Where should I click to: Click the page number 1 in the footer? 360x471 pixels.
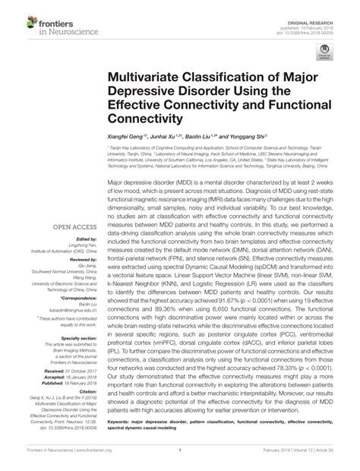tap(179, 460)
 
